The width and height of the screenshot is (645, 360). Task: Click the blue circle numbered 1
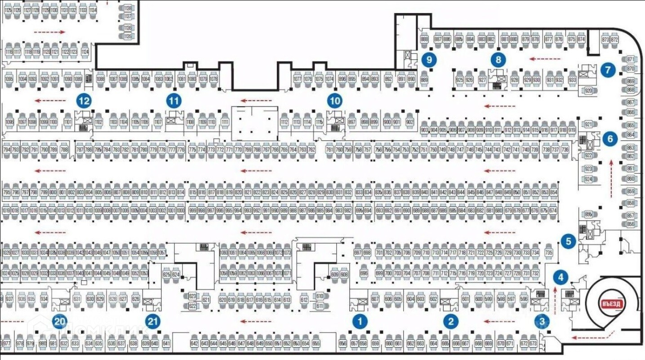[x=360, y=321]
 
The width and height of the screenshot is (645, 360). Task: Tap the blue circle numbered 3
[x=543, y=321]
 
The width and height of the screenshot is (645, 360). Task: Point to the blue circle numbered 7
[x=608, y=70]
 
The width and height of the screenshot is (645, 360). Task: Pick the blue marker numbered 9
[x=429, y=59]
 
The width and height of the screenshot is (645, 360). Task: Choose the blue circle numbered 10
[x=335, y=101]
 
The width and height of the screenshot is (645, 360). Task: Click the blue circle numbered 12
[x=84, y=101]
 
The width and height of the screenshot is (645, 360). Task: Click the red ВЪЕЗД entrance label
[x=612, y=303]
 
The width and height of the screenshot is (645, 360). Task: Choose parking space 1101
[x=68, y=122]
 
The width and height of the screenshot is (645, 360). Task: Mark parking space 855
[x=588, y=214]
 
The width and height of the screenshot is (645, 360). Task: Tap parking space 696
[x=364, y=273]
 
